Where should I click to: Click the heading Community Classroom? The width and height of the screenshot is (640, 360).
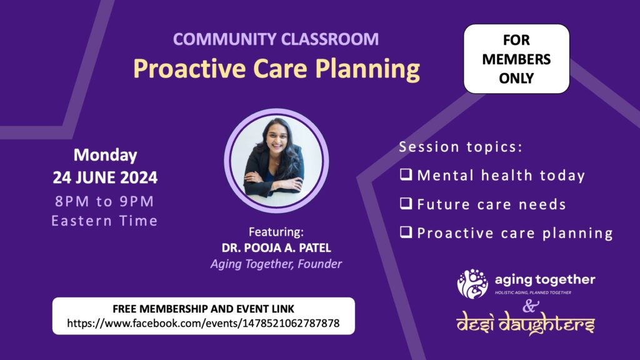click(276, 39)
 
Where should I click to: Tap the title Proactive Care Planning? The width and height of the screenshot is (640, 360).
click(276, 68)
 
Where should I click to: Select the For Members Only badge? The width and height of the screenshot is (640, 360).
click(516, 59)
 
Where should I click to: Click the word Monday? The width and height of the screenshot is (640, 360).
click(105, 155)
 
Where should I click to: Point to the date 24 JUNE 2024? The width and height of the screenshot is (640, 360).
click(105, 177)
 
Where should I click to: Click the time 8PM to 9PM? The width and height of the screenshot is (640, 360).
click(104, 201)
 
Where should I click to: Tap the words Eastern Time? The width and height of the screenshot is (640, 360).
click(104, 221)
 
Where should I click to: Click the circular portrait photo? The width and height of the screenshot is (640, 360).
click(276, 161)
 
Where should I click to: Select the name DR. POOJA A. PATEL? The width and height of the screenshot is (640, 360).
click(276, 247)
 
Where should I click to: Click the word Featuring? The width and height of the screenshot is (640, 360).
click(276, 232)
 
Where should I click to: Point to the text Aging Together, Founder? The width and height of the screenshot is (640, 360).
click(276, 264)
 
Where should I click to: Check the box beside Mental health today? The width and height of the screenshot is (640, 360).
click(406, 174)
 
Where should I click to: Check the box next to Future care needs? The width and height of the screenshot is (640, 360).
click(406, 203)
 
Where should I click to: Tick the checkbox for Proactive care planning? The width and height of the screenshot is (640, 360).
click(406, 232)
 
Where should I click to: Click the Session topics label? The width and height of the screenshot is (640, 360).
click(461, 147)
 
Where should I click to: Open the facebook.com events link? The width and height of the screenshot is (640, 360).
click(203, 323)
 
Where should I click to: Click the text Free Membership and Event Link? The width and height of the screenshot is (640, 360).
click(203, 309)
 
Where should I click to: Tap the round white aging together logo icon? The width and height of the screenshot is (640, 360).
click(472, 284)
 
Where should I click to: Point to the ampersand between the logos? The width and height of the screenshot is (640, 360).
click(530, 306)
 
